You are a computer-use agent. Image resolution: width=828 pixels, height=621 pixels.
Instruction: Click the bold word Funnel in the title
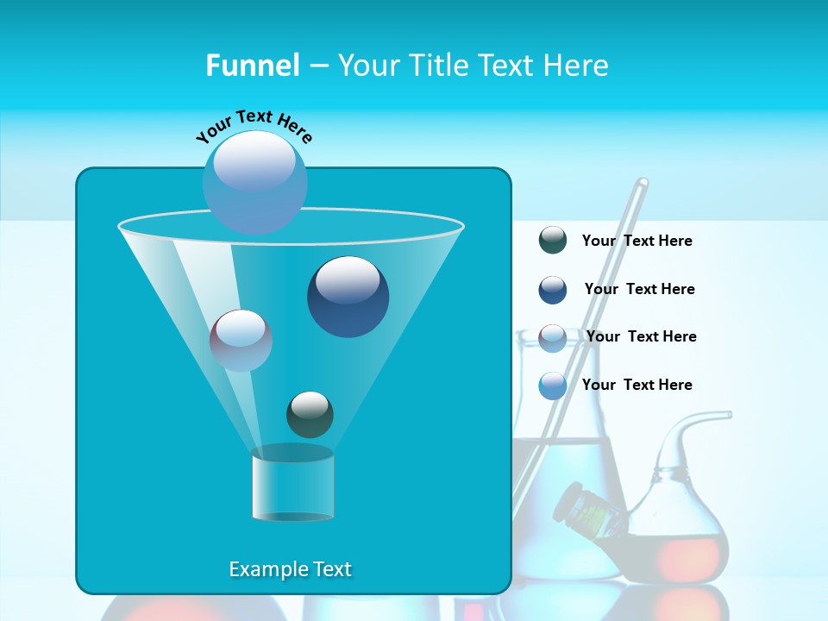[252, 66]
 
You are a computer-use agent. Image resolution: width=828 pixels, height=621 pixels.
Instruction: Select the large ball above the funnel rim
[255, 182]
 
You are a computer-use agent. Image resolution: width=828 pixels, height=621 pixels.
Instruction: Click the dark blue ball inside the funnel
[348, 297]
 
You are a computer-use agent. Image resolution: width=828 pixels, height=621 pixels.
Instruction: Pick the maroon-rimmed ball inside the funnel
[241, 341]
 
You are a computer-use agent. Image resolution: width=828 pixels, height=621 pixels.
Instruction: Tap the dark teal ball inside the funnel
[310, 414]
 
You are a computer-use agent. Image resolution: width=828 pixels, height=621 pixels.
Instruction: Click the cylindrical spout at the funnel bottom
[292, 485]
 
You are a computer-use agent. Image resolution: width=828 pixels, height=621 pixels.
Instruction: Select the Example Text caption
[290, 569]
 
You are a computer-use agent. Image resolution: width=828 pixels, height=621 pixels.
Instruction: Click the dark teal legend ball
[553, 241]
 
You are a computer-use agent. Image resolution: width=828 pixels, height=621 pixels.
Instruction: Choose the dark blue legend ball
[553, 290]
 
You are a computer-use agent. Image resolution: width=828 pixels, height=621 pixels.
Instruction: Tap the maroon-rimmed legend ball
[553, 337]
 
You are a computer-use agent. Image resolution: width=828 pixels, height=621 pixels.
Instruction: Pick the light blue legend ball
[553, 386]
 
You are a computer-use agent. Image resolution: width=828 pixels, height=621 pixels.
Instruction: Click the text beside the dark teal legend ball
[637, 241]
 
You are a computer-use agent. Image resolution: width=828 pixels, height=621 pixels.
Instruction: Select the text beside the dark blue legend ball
[639, 290]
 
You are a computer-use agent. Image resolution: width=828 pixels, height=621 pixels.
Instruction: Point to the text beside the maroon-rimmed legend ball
[641, 336]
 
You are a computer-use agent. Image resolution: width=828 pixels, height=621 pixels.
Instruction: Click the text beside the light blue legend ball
[637, 385]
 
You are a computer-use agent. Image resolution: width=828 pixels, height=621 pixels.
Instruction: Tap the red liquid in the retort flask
[681, 556]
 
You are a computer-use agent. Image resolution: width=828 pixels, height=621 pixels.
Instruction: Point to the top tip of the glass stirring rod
[643, 183]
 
